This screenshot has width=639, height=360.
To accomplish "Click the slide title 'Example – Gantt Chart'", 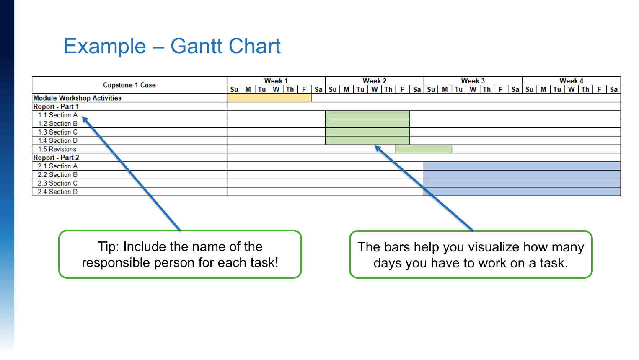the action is pos(172,46).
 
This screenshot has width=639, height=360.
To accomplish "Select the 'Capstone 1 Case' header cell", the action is pos(129,85).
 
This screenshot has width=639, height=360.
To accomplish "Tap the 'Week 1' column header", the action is pos(276,81).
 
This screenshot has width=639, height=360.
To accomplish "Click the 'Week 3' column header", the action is pos(473,81).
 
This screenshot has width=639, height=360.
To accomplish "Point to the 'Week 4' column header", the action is pos(572,81).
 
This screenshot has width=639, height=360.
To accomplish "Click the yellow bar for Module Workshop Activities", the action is pos(269,98).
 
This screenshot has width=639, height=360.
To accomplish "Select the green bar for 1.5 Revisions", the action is pos(424,149).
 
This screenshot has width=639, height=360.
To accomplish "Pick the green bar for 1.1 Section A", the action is pos(367,115).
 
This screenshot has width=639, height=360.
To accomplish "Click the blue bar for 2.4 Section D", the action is pos(522,192).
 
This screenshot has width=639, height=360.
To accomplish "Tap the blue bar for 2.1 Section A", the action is pos(522,166).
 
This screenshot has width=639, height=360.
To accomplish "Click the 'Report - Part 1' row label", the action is pos(56,106).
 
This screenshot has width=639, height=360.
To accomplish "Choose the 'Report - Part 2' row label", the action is pos(56,158).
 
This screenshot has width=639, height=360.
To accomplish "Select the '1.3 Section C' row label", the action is pos(58,132).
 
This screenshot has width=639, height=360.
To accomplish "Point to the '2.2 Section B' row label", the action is pos(58,175).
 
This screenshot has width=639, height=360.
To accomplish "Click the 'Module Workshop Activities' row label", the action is pos(77,98).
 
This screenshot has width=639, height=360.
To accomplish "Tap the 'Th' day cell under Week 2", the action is pos(388,90).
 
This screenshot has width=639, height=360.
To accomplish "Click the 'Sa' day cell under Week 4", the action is pos(613,90).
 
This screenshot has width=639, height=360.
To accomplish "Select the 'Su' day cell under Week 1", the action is pos(234,90).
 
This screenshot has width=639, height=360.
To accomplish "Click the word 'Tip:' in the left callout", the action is pos(109,247).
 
